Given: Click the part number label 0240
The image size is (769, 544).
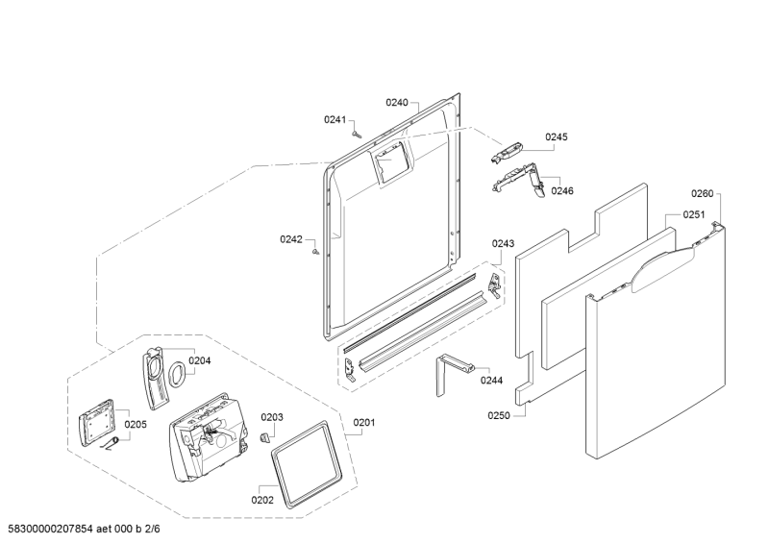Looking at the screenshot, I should point(397,102).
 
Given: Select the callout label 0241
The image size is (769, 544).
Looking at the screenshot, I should point(334,119).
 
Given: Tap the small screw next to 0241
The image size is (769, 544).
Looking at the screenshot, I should point(356,134).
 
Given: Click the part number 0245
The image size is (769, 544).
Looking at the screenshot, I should point(557,137).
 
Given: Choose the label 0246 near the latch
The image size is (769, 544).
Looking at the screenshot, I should point(562,191).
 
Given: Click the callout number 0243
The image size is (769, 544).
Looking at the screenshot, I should point(503,244).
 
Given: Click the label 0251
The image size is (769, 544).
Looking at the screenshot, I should point(694,215).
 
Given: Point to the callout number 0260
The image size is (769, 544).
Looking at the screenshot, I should point(704,193).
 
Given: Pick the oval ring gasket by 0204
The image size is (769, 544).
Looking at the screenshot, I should point(177,374).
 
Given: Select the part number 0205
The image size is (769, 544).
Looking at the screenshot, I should point(136,424).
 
